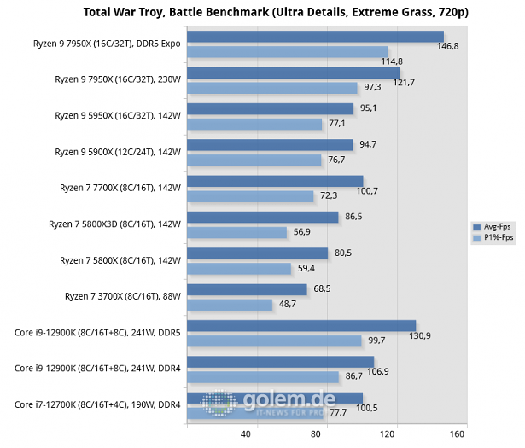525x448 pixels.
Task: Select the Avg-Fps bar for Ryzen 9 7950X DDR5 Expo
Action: click(314, 37)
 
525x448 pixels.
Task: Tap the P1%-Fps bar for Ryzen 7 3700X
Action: click(229, 305)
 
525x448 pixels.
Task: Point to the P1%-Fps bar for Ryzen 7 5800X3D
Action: click(236, 232)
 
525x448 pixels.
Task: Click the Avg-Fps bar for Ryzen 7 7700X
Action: click(274, 181)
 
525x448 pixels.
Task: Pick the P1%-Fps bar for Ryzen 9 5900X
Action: click(254, 160)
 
